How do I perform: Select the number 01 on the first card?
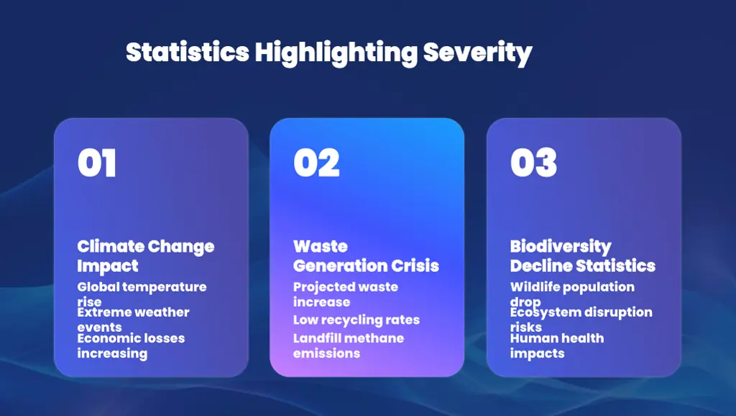(x=97, y=163)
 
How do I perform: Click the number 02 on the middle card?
(x=316, y=163)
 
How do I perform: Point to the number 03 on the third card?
(x=533, y=163)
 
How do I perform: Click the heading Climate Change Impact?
(x=145, y=256)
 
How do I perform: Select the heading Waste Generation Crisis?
(x=366, y=256)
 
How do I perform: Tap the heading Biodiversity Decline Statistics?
(x=582, y=256)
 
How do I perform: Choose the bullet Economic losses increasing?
(x=131, y=345)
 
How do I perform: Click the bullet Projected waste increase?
(x=345, y=294)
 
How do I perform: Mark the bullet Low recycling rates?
(x=356, y=320)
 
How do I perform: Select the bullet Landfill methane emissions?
(x=348, y=345)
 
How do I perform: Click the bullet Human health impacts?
(x=556, y=345)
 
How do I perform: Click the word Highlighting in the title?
(x=336, y=53)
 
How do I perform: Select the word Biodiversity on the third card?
(x=561, y=247)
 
